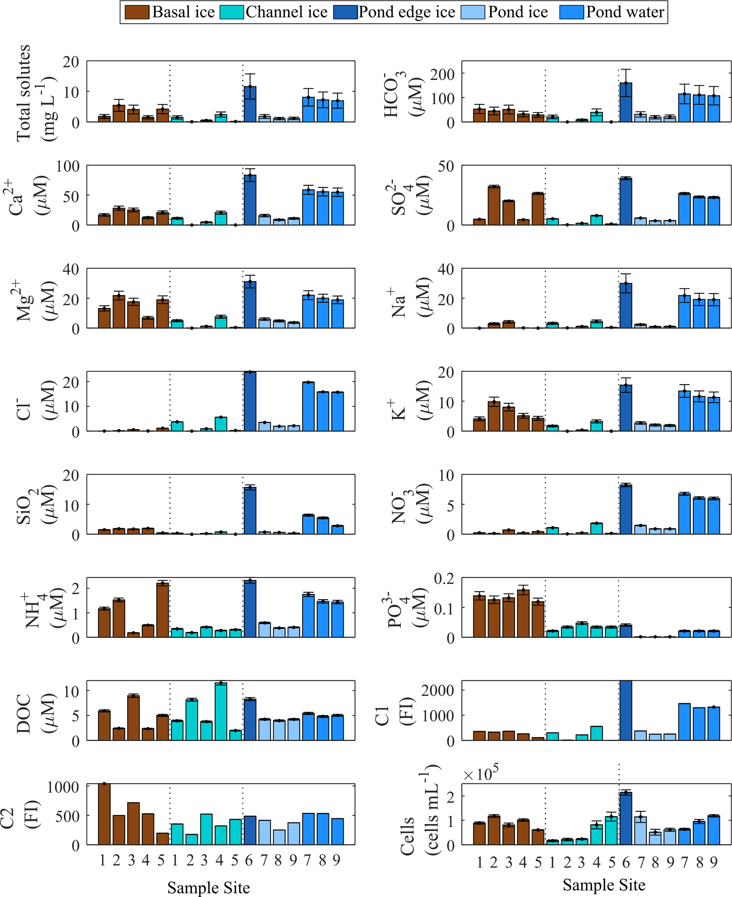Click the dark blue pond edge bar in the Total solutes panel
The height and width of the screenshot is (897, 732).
pyautogui.click(x=250, y=104)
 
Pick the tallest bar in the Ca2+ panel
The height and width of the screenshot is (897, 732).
pyautogui.click(x=250, y=200)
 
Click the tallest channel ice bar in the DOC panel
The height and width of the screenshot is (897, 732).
pyautogui.click(x=221, y=711)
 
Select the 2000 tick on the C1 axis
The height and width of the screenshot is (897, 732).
pyautogui.click(x=437, y=691)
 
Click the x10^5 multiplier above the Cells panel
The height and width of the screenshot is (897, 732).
pyautogui.click(x=481, y=773)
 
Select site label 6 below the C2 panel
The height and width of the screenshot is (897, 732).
pyautogui.click(x=249, y=860)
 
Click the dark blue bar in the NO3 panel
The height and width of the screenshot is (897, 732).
pyautogui.click(x=626, y=509)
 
